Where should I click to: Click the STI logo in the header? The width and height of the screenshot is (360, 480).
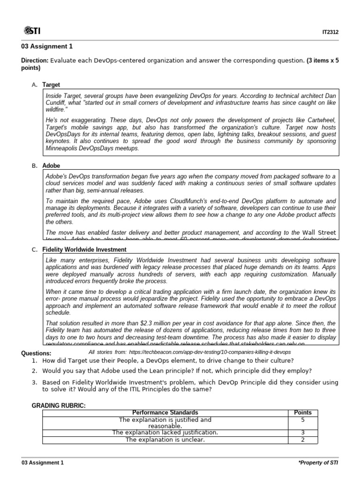coord(32,31)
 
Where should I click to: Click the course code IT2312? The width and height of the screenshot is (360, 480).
coord(330,32)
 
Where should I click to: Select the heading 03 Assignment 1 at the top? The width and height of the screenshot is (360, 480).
coord(47,46)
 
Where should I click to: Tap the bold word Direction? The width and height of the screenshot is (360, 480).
coord(35,60)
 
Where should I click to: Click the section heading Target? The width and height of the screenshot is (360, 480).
coord(51,85)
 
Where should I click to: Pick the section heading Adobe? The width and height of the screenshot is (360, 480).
coord(51,166)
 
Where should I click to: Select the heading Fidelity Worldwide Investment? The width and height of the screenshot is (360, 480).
coord(84,249)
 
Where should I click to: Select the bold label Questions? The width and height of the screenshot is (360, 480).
coord(37,353)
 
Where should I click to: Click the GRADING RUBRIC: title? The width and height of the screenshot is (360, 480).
coord(58,405)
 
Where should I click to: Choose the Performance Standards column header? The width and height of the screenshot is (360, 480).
coord(165,412)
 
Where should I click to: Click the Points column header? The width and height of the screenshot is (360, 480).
coord(302,412)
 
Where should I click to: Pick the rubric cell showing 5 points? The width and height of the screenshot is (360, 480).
coord(302,420)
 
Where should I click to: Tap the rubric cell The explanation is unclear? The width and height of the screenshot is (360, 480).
coord(165,440)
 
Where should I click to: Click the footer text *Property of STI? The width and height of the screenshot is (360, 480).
coord(318,463)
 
